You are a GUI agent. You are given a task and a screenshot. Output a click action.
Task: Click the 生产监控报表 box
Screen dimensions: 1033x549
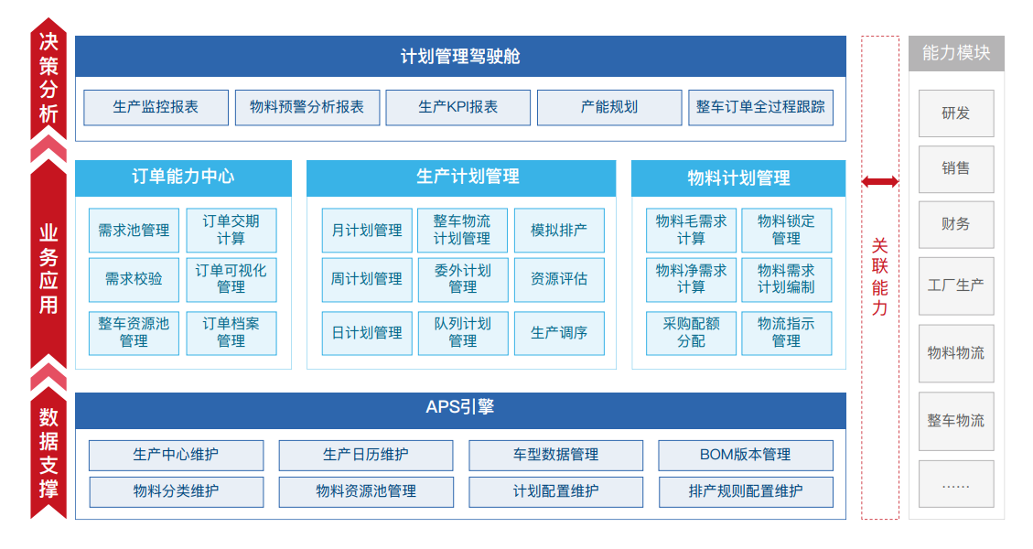point(156,107)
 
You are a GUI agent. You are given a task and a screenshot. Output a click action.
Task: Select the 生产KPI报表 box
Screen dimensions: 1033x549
point(457,107)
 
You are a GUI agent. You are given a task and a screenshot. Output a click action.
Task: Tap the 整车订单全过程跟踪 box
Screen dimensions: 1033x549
point(761,107)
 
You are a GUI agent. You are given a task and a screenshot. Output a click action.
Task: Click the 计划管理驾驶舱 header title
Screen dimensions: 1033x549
point(460,57)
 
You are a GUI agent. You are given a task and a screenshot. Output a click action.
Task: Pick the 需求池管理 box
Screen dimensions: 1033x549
point(134,231)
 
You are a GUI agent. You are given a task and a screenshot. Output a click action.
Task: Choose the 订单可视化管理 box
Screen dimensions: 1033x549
point(231,279)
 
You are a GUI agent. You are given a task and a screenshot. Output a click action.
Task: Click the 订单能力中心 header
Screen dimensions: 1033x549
point(183,178)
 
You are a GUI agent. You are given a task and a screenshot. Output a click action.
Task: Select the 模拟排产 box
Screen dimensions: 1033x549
point(559,231)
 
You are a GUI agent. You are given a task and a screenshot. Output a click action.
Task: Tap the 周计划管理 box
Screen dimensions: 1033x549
point(367,279)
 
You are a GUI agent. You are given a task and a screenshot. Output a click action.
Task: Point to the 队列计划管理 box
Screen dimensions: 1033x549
point(463,333)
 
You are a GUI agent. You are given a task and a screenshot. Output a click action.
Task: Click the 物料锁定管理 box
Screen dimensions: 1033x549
point(787,231)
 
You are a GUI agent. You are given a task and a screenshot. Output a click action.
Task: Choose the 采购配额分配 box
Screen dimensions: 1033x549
point(691,333)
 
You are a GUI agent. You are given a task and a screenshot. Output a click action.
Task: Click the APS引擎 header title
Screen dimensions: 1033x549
point(460,407)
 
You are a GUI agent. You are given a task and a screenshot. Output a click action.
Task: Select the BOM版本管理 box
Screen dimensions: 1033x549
point(746,456)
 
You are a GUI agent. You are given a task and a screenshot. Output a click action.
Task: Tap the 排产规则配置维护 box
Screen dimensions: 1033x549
point(746,491)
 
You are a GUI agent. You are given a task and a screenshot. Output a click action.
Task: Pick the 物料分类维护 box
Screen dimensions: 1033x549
point(177,491)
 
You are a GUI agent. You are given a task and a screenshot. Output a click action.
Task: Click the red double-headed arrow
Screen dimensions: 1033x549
point(880,181)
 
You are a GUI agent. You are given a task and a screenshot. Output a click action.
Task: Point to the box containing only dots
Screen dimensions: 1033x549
point(956,484)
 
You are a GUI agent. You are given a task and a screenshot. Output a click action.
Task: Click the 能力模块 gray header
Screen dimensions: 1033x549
point(956,53)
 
